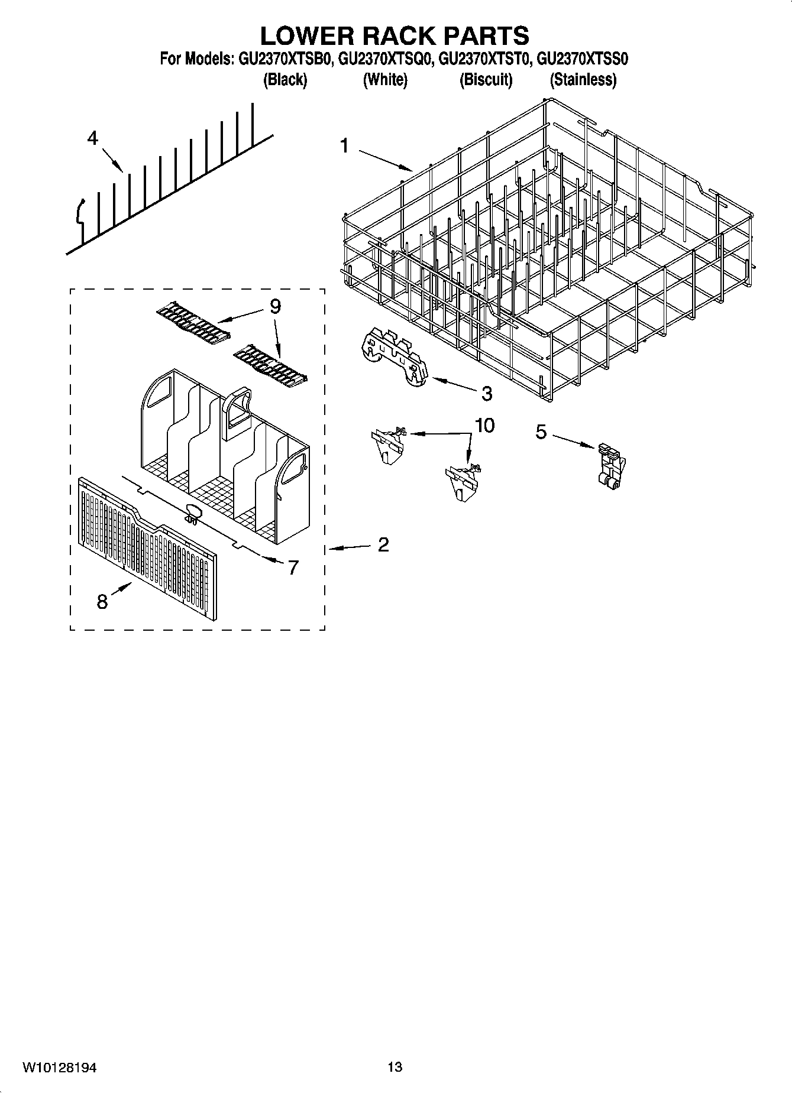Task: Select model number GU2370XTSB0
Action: click(287, 60)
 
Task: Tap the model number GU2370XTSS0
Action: click(581, 60)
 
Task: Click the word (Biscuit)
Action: click(486, 79)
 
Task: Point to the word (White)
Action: click(384, 79)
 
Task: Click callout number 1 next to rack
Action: click(345, 145)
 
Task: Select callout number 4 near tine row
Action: click(92, 138)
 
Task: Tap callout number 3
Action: click(486, 393)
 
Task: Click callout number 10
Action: click(484, 425)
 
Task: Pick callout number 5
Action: click(541, 432)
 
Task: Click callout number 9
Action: click(274, 306)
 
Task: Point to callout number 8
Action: click(102, 602)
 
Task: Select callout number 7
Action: click(293, 567)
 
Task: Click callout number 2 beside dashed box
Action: click(383, 544)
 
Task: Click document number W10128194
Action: click(59, 1067)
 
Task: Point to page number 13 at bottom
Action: click(395, 1067)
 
